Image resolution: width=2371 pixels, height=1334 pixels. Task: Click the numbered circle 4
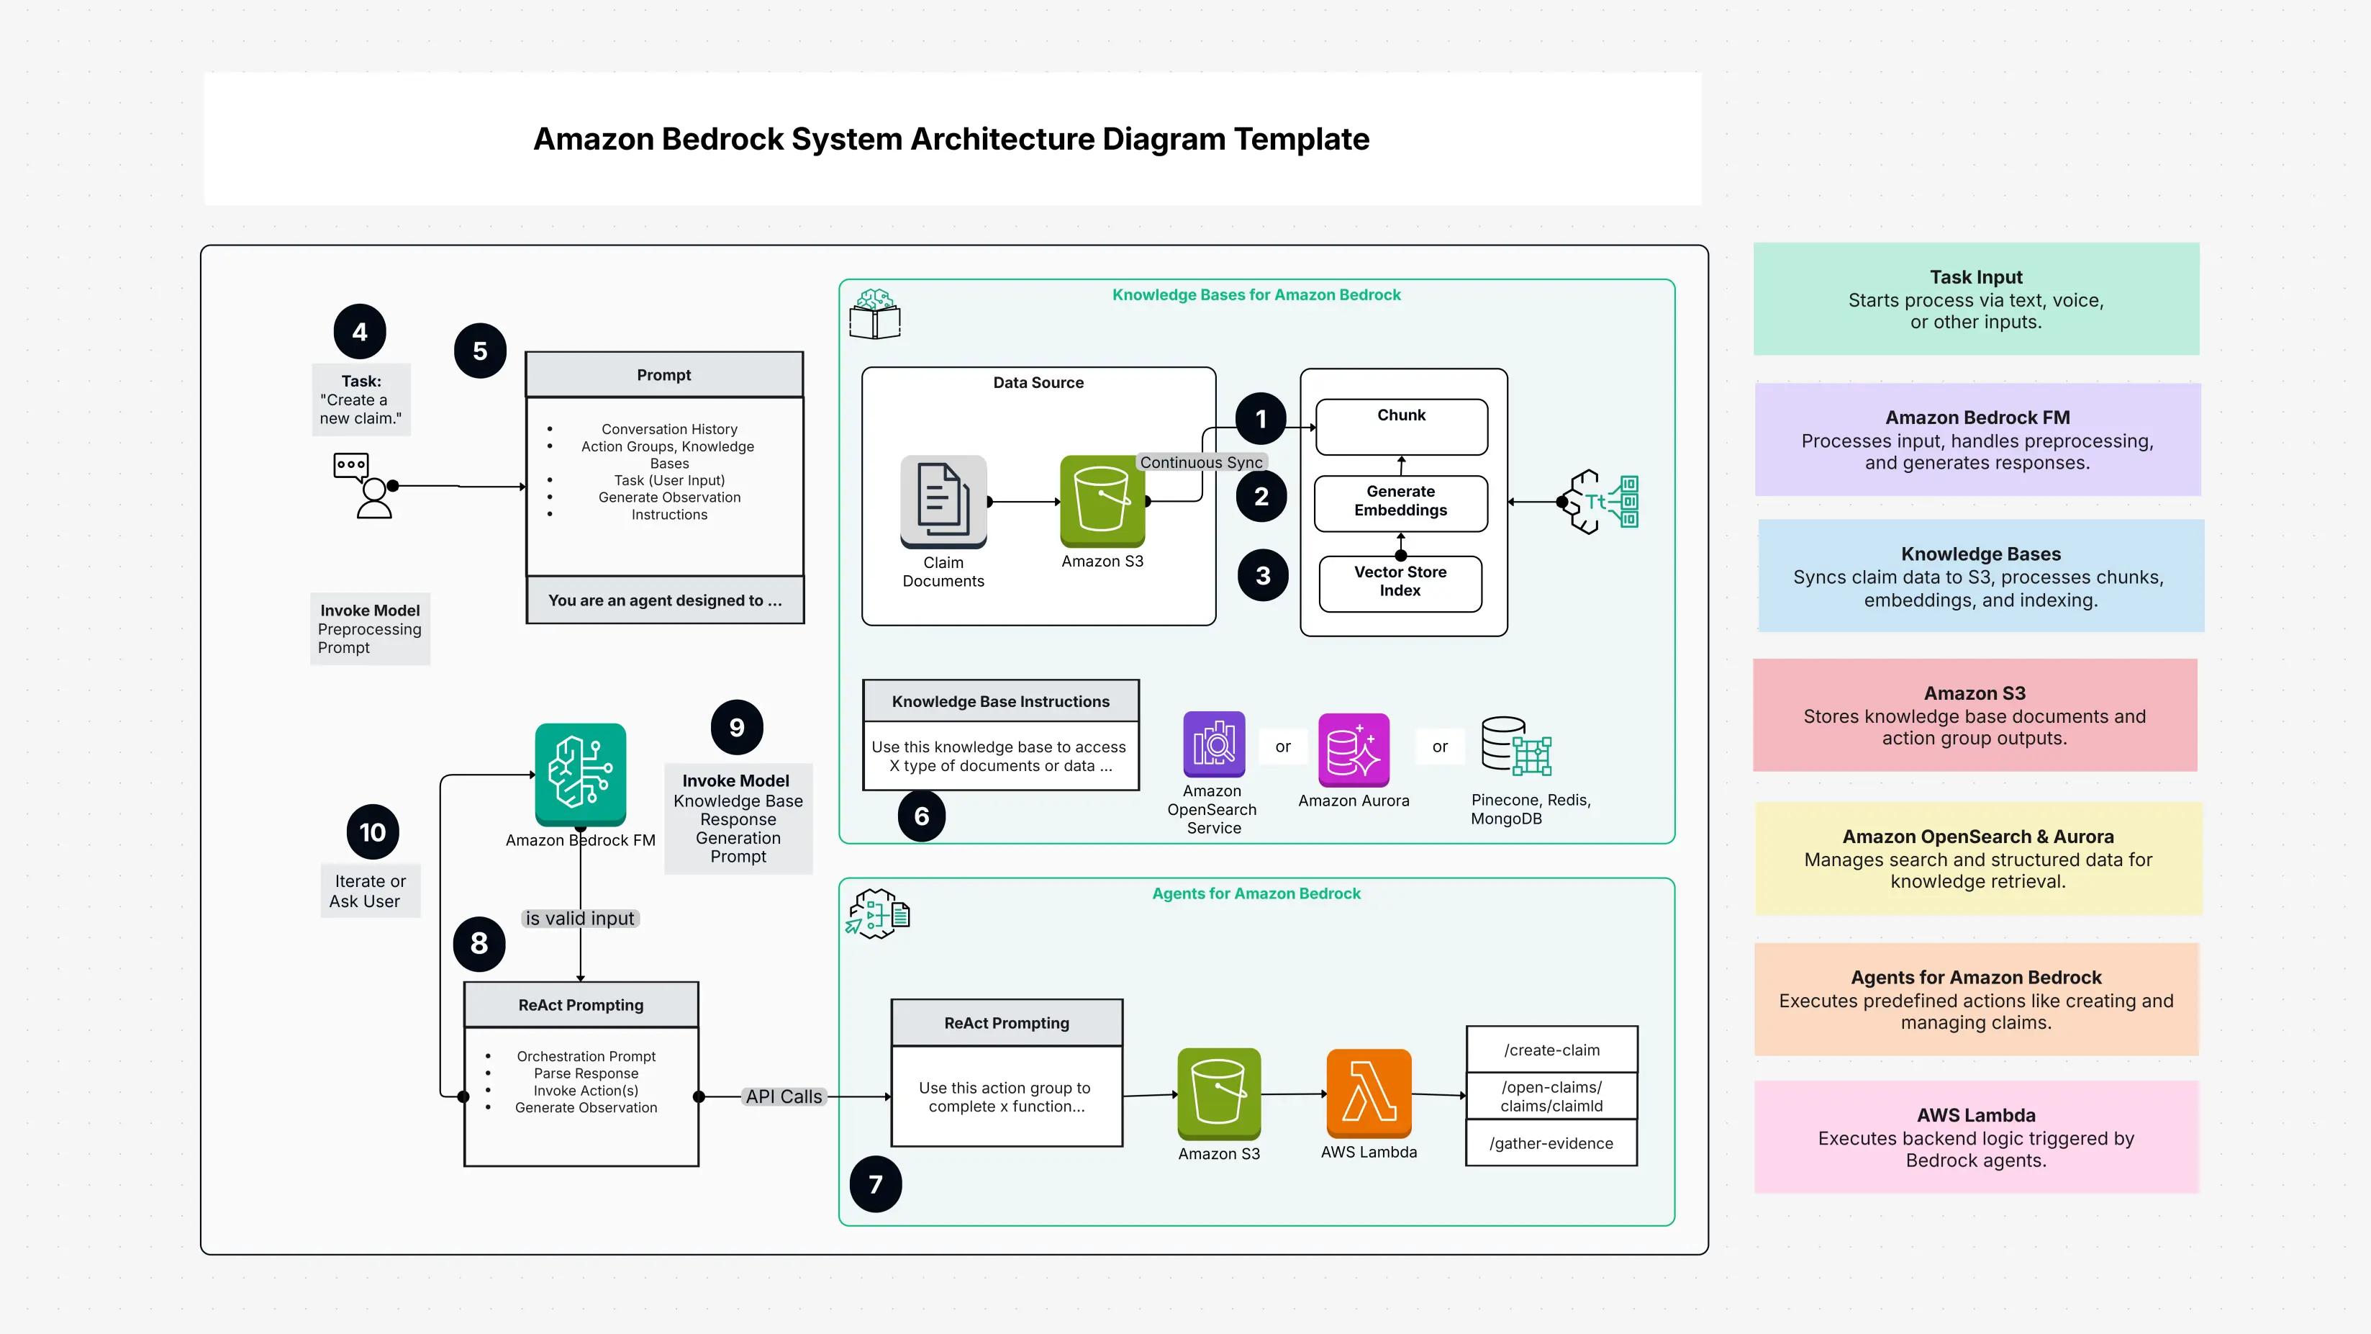[360, 331]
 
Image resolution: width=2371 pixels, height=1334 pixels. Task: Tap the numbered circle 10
[372, 832]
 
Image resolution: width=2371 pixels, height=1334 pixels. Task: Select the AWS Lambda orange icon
[1368, 1093]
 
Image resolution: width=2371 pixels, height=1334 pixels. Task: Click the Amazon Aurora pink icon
[1353, 749]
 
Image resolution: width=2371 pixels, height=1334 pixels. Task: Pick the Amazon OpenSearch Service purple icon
[1213, 744]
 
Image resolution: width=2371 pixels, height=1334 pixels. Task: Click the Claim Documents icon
[943, 502]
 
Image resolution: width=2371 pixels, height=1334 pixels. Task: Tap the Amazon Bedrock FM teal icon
[580, 773]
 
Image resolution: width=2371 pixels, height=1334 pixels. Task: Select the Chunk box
[1401, 426]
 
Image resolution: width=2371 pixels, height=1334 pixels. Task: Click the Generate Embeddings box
[1400, 502]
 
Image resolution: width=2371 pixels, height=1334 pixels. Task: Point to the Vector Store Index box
[1400, 582]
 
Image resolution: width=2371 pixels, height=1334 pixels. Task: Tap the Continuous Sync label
[1200, 462]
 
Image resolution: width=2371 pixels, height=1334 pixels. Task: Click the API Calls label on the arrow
[784, 1096]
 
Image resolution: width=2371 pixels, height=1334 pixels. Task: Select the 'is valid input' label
[580, 918]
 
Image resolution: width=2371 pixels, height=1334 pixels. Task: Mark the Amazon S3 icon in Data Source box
[1102, 501]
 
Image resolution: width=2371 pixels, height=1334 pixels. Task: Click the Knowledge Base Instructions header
[999, 700]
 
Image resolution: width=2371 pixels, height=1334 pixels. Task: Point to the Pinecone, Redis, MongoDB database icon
[1515, 746]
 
